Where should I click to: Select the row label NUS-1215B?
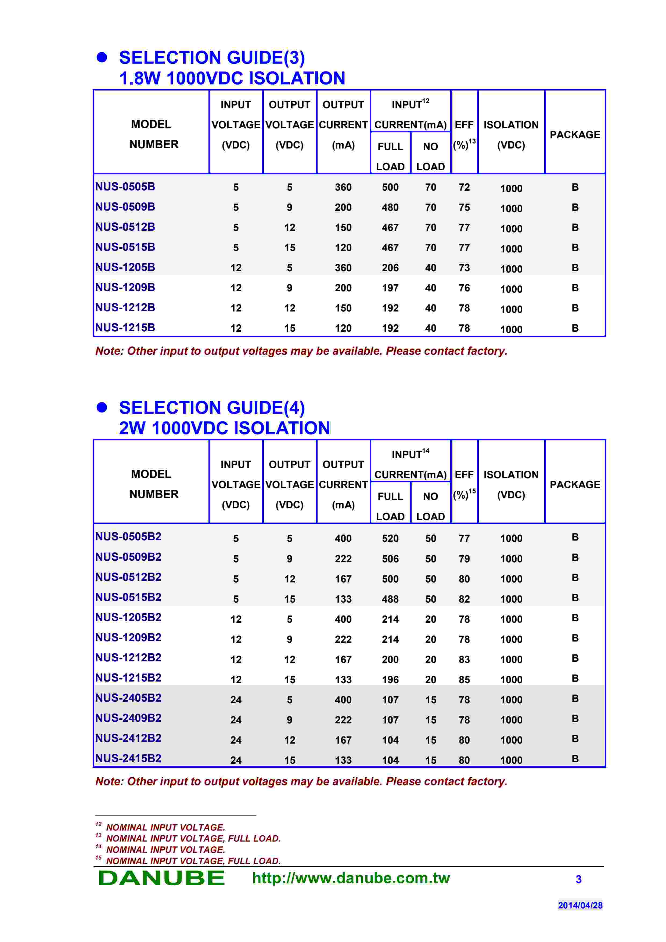125,328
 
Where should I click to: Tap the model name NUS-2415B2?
128,758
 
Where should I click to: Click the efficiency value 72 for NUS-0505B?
464,187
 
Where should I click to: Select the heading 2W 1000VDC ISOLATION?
224,428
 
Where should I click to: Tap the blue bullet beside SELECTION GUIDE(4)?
102,407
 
